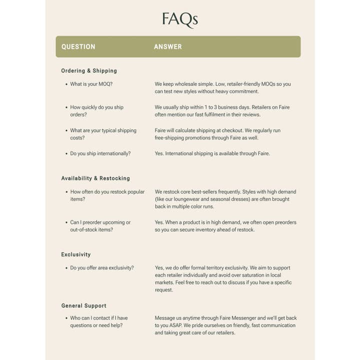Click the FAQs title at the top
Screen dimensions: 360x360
pos(179,19)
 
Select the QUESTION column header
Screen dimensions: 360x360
pos(78,46)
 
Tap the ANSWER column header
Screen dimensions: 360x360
pos(168,46)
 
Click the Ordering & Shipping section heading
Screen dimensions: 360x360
pos(89,71)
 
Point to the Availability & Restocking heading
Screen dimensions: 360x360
pos(95,178)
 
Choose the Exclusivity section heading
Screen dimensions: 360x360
pos(76,254)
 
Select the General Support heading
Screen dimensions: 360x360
pos(84,305)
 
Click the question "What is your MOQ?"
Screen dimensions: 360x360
pos(91,84)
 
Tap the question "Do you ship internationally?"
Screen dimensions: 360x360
pos(100,153)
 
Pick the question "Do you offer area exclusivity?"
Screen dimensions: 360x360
pos(102,268)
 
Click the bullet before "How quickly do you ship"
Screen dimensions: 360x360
pos(66,107)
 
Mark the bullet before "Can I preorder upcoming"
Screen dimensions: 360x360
pos(66,222)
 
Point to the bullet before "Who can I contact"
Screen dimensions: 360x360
pos(66,318)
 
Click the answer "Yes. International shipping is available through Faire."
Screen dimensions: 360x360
pos(212,153)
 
